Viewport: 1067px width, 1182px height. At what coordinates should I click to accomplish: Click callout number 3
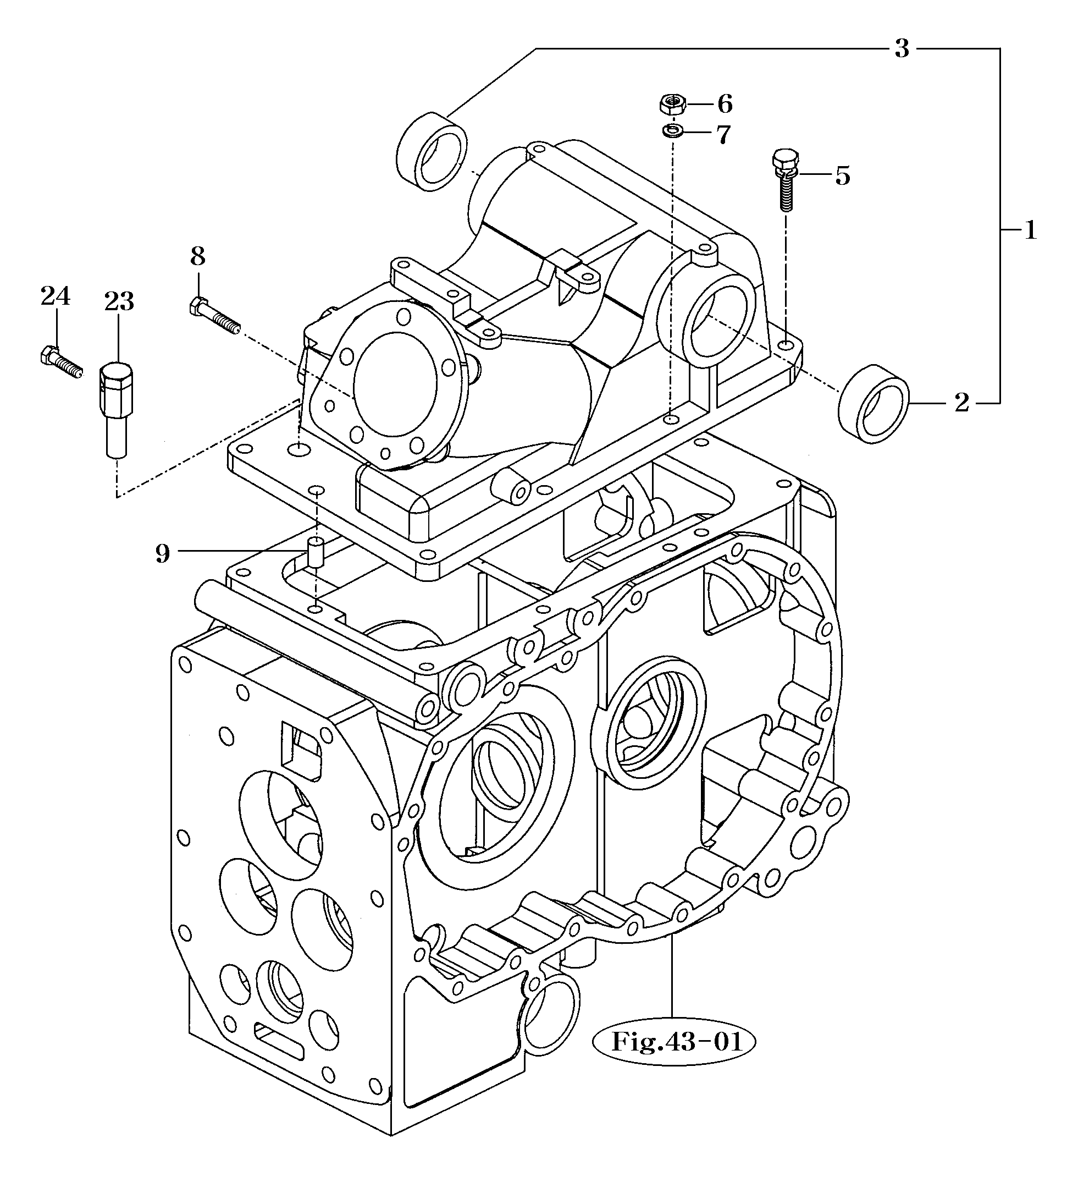901,48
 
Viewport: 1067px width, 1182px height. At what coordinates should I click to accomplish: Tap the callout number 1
1030,230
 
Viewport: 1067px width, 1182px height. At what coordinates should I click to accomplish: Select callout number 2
961,403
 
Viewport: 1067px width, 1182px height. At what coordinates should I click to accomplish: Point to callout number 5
842,175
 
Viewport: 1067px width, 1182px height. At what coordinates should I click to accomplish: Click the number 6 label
725,105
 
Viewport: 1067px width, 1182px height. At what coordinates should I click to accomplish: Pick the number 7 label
723,135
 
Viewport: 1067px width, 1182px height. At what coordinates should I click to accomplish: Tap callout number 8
197,256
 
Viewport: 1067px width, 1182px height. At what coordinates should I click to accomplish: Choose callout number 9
162,553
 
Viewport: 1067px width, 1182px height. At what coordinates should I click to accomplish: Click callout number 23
119,301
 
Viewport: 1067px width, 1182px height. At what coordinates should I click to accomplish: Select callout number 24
55,296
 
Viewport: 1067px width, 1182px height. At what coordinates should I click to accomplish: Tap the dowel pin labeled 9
316,553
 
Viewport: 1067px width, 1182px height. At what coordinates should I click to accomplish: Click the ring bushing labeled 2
873,402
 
